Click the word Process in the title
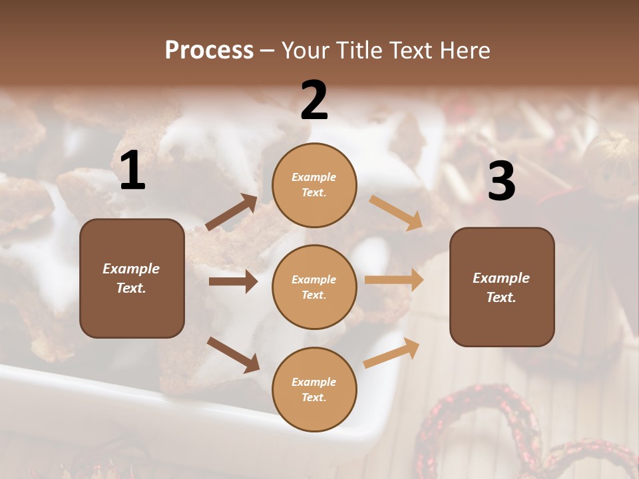point(209,51)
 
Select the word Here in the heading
point(462,51)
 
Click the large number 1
point(132,171)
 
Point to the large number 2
point(314,100)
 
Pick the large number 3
point(501,181)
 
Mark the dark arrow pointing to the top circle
point(232,212)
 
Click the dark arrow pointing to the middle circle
point(233,281)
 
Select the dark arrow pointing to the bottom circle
point(233,354)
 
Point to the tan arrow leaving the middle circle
point(394,279)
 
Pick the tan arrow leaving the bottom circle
point(392,353)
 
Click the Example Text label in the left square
point(132,278)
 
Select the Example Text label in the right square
point(502,287)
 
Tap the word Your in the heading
point(306,51)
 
